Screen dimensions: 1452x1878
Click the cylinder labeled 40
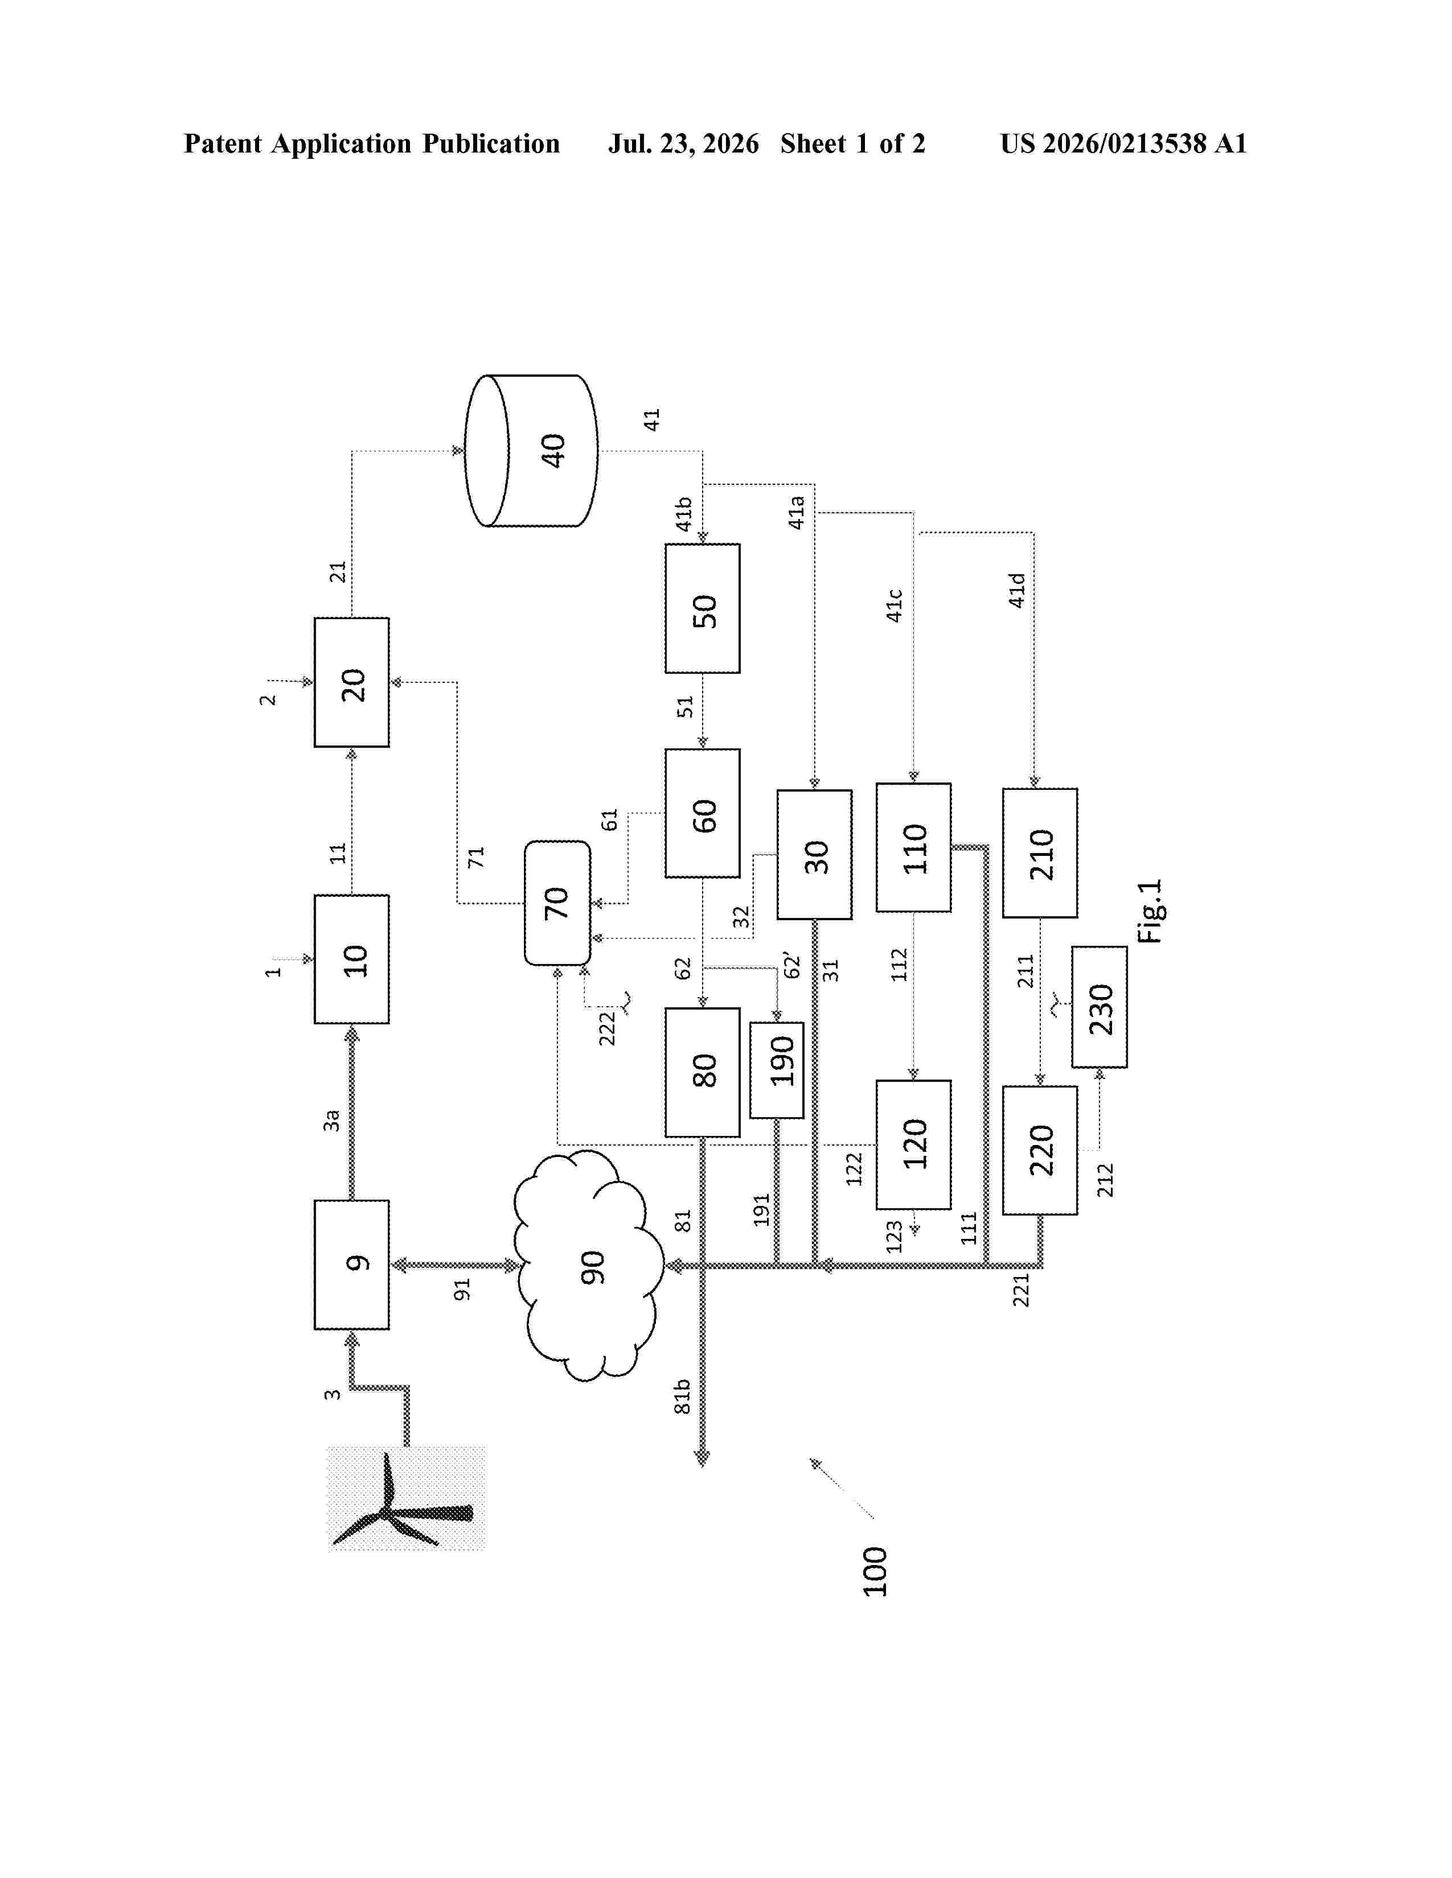(531, 451)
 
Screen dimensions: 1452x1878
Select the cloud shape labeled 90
(589, 1265)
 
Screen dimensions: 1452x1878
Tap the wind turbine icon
(406, 1497)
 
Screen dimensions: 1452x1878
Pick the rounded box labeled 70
(557, 903)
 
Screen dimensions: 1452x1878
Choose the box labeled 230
(1100, 1007)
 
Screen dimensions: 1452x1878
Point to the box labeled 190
(777, 1070)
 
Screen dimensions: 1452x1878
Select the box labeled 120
(913, 1144)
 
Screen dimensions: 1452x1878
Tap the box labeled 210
(1040, 853)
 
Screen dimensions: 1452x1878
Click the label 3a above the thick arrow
(331, 1121)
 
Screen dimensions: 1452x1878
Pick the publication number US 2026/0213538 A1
(1123, 143)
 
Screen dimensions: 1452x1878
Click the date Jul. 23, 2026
(684, 143)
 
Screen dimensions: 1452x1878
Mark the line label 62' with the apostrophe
(791, 966)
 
